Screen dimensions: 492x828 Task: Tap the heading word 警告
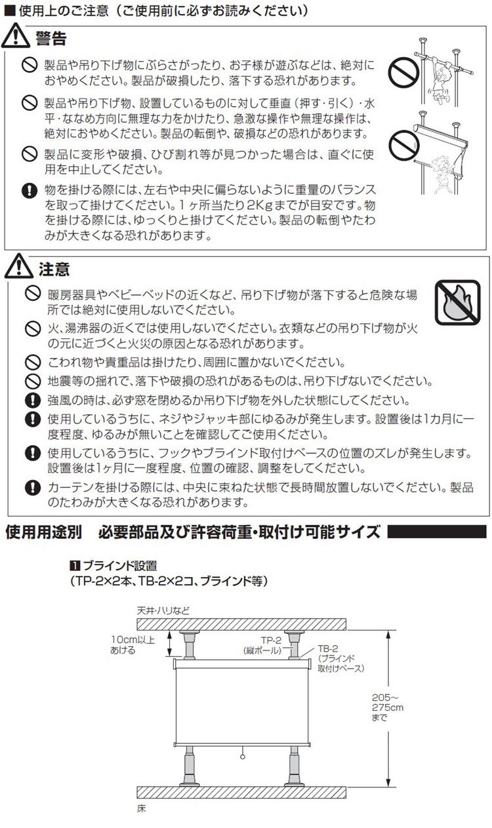pyautogui.click(x=51, y=38)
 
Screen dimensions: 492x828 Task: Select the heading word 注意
pyautogui.click(x=54, y=269)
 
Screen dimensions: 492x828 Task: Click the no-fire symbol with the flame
pyautogui.click(x=458, y=302)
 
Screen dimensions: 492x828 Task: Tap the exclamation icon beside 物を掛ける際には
pyautogui.click(x=30, y=191)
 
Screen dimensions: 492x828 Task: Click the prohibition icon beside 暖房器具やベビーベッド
pyautogui.click(x=33, y=294)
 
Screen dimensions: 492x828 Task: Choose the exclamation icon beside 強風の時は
pyautogui.click(x=33, y=400)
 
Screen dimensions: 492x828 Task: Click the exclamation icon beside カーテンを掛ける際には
pyautogui.click(x=33, y=488)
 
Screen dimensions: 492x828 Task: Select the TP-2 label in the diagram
pyautogui.click(x=271, y=641)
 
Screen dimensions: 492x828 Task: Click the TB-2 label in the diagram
pyautogui.click(x=328, y=648)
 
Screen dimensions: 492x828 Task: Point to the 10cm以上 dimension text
pyautogui.click(x=133, y=639)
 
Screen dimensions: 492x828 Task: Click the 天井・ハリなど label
pyautogui.click(x=163, y=610)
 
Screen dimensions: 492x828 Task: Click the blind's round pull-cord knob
pyautogui.click(x=242, y=757)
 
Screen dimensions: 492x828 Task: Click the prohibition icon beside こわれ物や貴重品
pyautogui.click(x=33, y=363)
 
